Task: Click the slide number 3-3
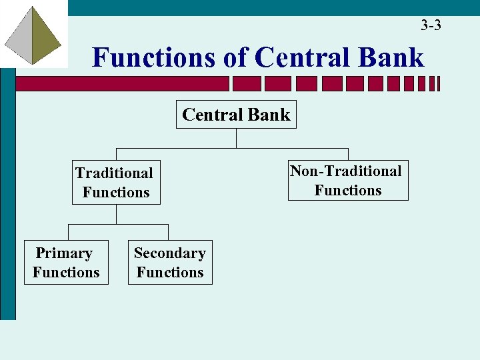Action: [x=431, y=26]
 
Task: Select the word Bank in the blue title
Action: [x=391, y=57]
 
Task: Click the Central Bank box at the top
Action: [x=236, y=115]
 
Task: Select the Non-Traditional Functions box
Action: [x=347, y=181]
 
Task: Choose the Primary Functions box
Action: [x=66, y=263]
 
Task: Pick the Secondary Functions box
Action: [x=170, y=263]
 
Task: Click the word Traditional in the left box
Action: [x=114, y=173]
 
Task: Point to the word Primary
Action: [x=64, y=253]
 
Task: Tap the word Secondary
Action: [x=169, y=253]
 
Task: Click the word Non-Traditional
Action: [x=346, y=171]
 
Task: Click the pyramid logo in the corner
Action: [x=33, y=35]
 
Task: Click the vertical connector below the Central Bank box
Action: [x=236, y=138]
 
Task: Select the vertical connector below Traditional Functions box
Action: [x=117, y=214]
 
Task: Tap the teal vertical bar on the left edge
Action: [x=7, y=200]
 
